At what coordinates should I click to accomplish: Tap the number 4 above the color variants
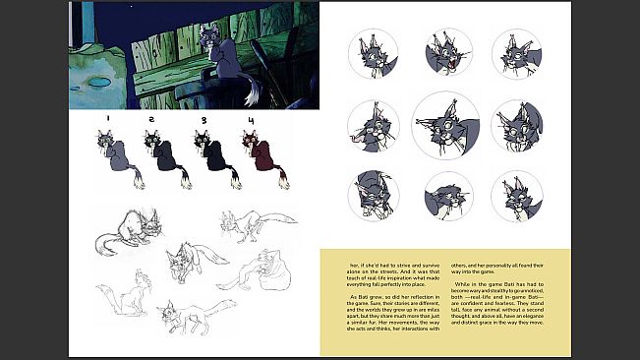[251, 121]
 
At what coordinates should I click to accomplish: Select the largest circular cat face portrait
[445, 125]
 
